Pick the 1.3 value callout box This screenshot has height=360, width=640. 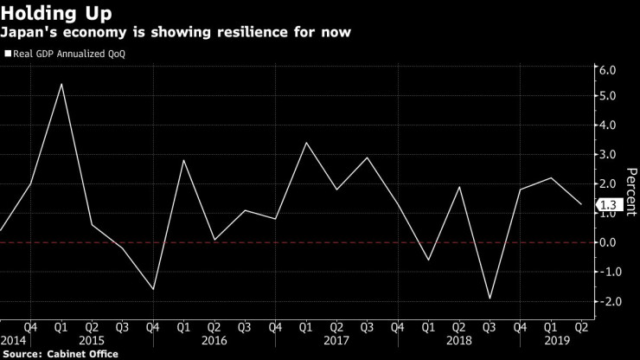tap(607, 205)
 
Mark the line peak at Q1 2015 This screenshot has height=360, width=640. tap(61, 84)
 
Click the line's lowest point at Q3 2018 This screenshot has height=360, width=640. tap(490, 299)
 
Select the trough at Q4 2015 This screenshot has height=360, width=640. tap(153, 289)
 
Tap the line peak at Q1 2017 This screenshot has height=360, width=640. tap(306, 143)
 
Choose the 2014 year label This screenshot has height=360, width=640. tap(13, 340)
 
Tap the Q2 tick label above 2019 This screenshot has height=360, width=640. tap(581, 327)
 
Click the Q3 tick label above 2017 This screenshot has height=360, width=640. tap(367, 327)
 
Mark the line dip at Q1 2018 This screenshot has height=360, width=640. tap(429, 260)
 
